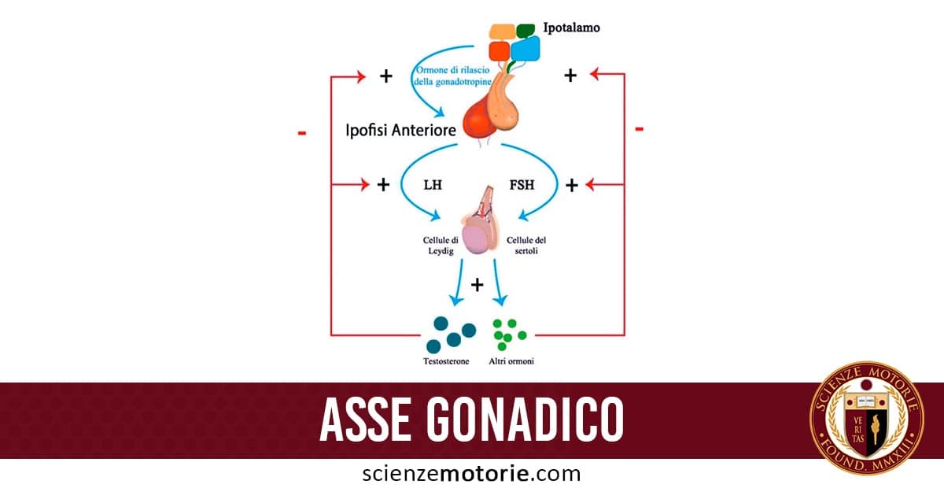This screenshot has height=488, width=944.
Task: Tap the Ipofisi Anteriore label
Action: pyautogui.click(x=400, y=130)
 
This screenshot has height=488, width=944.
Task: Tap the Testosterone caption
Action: pyautogui.click(x=446, y=361)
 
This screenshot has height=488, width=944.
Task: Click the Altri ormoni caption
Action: pyautogui.click(x=511, y=361)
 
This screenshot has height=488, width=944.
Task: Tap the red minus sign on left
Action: pyautogui.click(x=302, y=133)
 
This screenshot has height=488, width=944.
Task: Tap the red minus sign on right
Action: pyautogui.click(x=639, y=128)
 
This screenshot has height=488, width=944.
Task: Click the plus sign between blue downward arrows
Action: pyautogui.click(x=477, y=284)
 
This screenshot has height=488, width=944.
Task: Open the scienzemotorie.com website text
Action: pyautogui.click(x=471, y=474)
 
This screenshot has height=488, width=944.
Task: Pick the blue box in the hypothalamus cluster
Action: pyautogui.click(x=525, y=49)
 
